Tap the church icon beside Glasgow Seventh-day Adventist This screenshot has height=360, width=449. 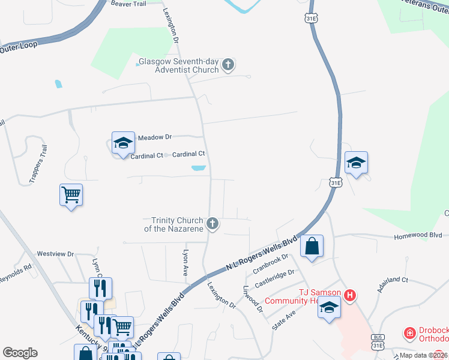coord(228,65)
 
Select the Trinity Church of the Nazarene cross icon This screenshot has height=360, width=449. coord(212,224)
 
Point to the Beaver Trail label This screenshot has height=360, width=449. coord(128,4)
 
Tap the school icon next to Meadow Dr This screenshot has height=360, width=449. coord(122,143)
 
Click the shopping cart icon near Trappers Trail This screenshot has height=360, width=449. coord(71,194)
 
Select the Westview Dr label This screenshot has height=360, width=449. coord(55,254)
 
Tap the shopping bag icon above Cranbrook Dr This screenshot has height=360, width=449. coord(312,246)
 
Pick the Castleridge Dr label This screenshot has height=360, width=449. coord(274,277)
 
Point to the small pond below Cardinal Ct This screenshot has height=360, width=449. coord(198,169)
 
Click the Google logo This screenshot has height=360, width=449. coord(20,353)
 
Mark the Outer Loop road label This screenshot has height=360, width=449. coord(18,46)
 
